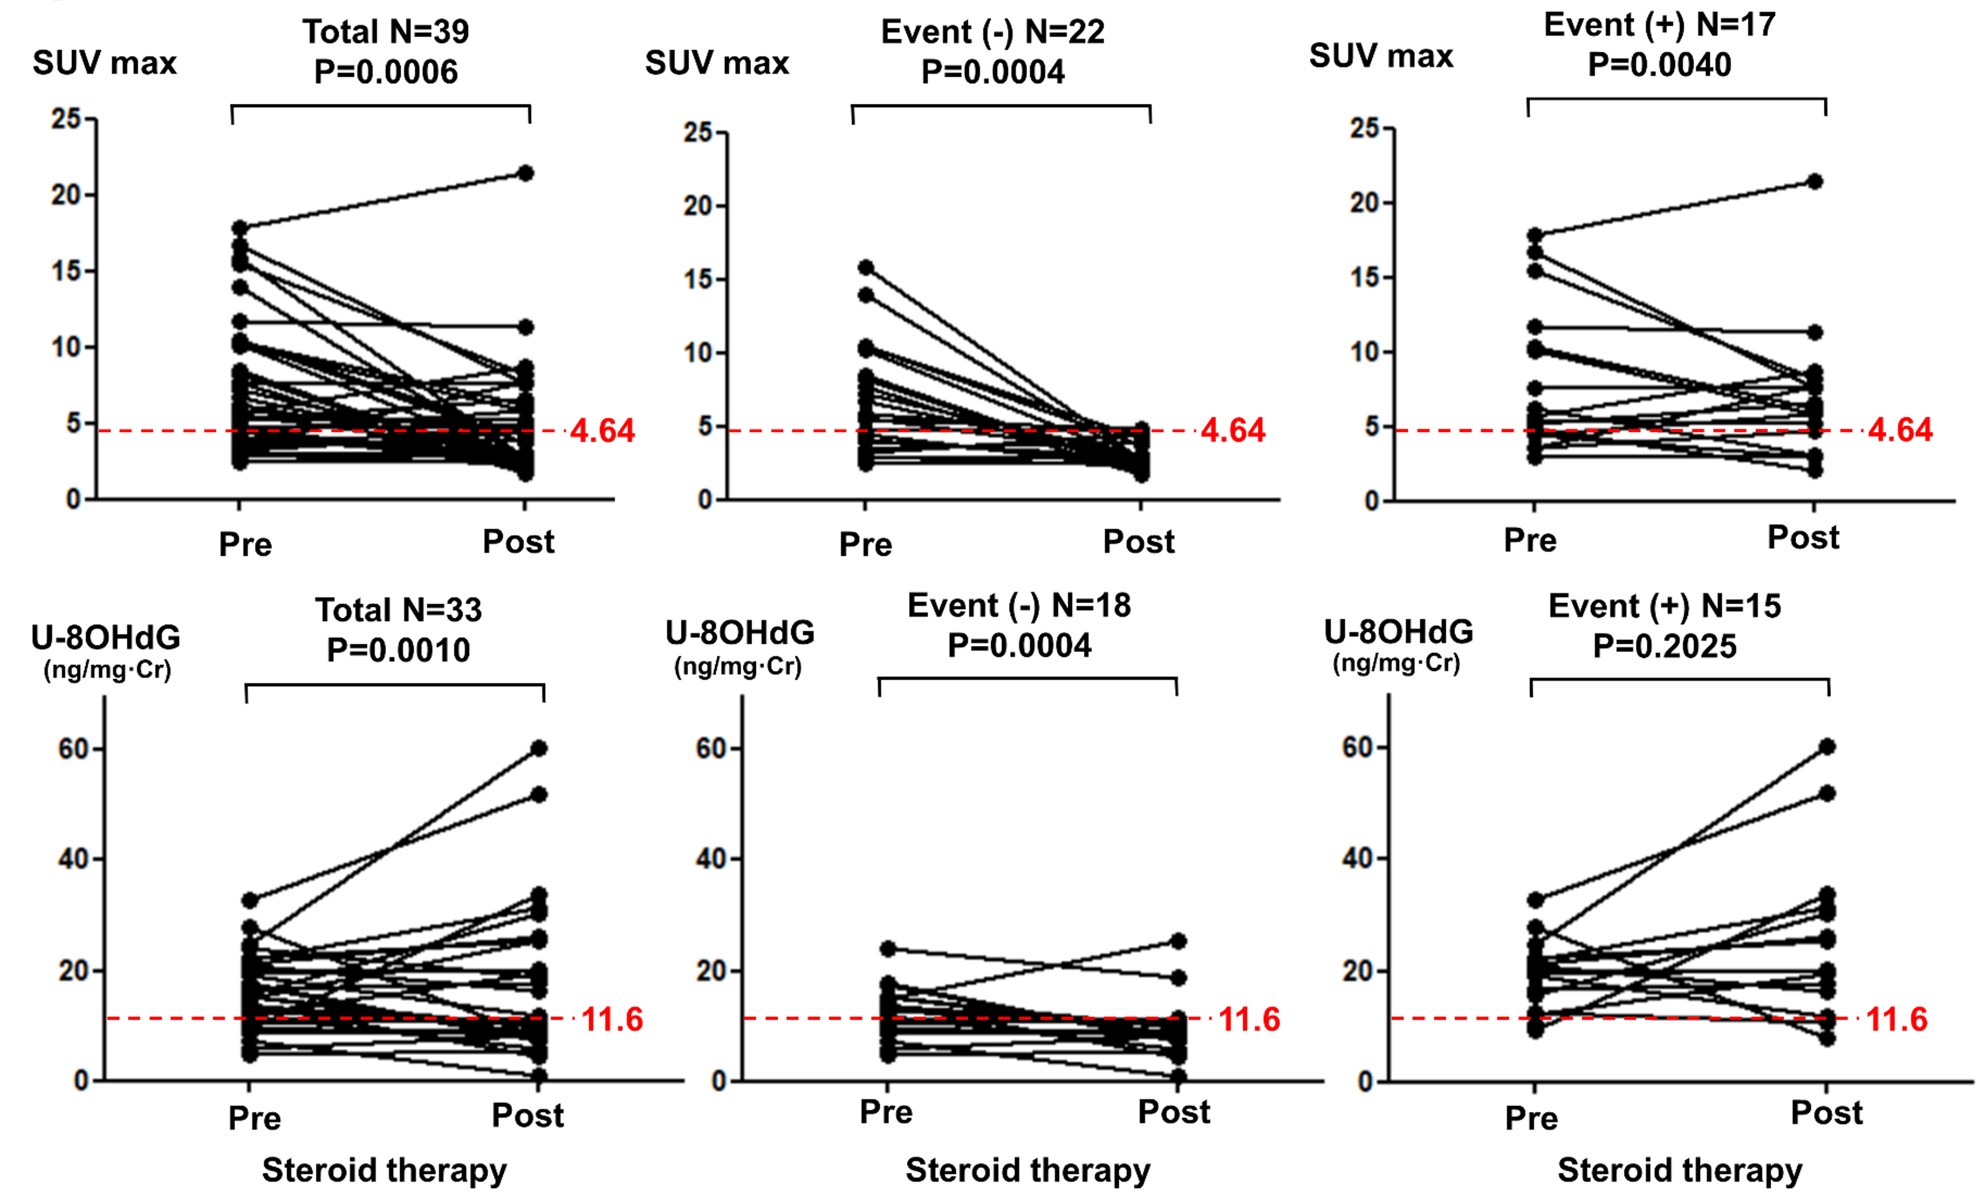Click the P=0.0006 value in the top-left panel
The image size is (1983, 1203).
click(x=386, y=72)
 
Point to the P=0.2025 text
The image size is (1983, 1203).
click(x=1664, y=646)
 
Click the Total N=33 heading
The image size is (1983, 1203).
click(x=399, y=610)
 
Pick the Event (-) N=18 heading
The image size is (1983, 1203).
click(x=1019, y=605)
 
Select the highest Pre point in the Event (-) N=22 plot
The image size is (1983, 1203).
click(x=866, y=267)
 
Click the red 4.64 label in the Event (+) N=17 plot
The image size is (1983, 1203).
click(x=1899, y=431)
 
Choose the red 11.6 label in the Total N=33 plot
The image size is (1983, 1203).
click(x=612, y=1020)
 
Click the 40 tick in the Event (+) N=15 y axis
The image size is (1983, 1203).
click(x=1357, y=858)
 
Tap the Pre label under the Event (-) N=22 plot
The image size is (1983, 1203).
click(x=865, y=545)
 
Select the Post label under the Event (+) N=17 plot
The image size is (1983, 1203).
click(x=1803, y=538)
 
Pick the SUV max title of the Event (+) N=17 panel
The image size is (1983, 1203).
click(x=1381, y=56)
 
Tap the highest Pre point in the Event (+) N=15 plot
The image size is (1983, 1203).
click(x=1536, y=900)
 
